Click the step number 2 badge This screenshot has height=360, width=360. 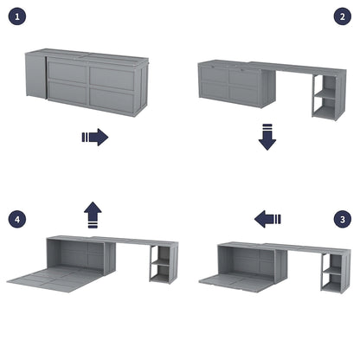pos(342,16)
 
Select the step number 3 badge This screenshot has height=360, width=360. pos(342,219)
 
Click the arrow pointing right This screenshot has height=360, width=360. pos(94,137)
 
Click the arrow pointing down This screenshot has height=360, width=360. pos(267,137)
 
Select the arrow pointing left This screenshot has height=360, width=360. pos(267,219)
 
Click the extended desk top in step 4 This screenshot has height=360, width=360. pos(130,241)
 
